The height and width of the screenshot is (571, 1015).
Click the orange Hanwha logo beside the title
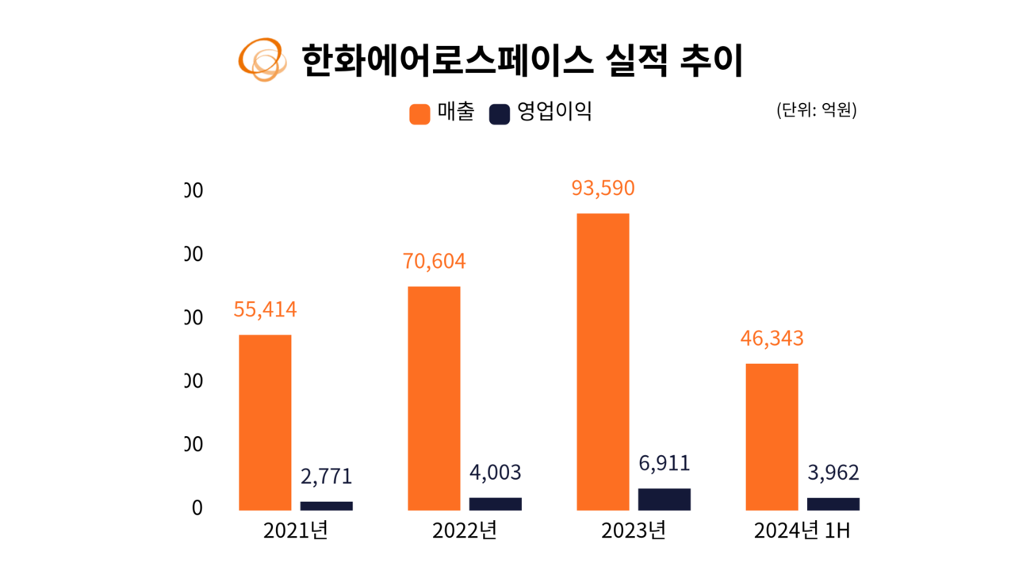tap(262, 59)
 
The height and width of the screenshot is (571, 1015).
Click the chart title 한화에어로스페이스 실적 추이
tap(522, 60)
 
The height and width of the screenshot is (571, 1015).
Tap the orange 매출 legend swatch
tap(419, 113)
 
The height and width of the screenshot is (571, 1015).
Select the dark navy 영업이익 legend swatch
tap(499, 113)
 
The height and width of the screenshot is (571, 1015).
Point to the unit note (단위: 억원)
tap(816, 110)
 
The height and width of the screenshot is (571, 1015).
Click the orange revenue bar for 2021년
tap(265, 422)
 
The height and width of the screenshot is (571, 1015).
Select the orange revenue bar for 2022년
tap(434, 398)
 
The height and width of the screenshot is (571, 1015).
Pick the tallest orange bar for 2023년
tap(603, 362)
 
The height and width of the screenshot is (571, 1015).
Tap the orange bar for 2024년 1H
tap(772, 436)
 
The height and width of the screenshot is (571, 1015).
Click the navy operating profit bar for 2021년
tap(326, 505)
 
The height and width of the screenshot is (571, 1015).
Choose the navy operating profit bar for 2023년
tap(665, 499)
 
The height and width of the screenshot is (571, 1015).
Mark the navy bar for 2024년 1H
tap(833, 504)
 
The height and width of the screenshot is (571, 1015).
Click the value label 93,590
tap(603, 189)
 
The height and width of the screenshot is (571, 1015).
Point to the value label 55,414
tap(265, 309)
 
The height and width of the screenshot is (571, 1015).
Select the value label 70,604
tap(434, 261)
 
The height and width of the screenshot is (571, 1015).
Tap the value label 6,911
tap(665, 463)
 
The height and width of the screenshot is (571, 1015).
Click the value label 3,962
tap(833, 473)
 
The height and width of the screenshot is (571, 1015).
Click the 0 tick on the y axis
tap(197, 508)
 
